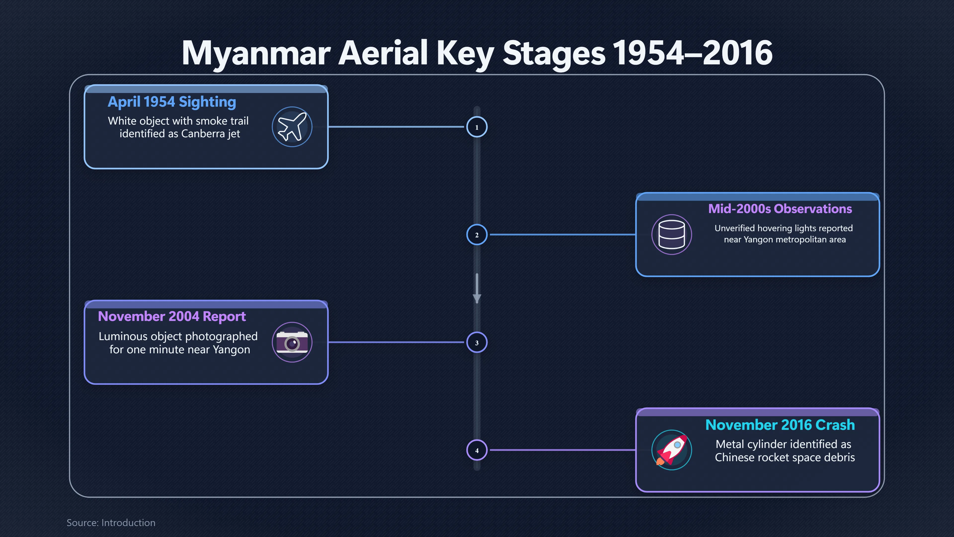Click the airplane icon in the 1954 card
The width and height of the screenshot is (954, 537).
[292, 127]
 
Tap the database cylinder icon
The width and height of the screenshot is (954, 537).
[672, 235]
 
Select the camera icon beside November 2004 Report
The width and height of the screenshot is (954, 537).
[292, 342]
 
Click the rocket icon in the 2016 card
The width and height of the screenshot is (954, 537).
[672, 450]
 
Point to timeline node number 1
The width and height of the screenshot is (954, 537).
[477, 127]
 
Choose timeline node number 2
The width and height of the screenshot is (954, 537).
[477, 235]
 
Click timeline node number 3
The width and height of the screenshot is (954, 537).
[477, 342]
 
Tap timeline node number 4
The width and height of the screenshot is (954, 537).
[477, 450]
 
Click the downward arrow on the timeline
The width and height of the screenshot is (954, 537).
[477, 288]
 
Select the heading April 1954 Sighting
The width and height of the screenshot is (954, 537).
[172, 102]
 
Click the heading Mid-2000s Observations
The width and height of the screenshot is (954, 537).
[780, 209]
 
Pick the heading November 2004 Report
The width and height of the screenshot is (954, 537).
[172, 316]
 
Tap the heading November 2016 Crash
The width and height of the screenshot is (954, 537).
[780, 425]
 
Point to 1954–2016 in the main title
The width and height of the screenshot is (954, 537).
[693, 53]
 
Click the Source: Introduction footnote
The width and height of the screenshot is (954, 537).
[111, 523]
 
